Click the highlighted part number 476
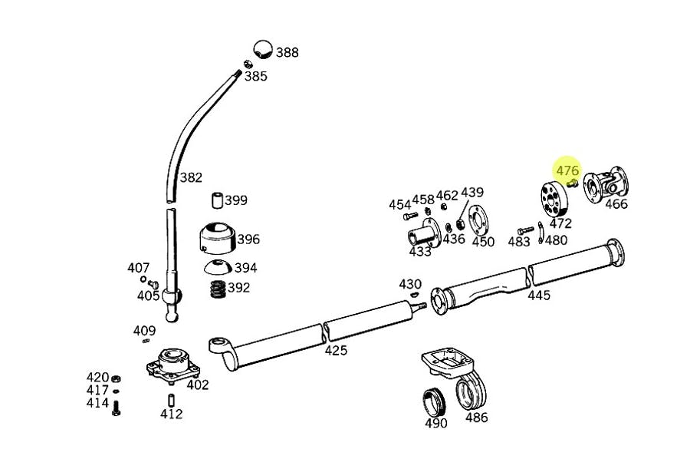point(567,170)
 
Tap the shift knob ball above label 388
point(264,48)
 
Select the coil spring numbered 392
point(218,289)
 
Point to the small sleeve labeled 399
point(219,201)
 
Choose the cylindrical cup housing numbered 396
point(218,239)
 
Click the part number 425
point(336,350)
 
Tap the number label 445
point(539,295)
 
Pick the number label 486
point(476,418)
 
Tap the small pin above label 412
point(171,399)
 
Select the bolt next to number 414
point(116,408)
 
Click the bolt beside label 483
point(524,229)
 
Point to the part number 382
point(191,177)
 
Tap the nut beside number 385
point(248,64)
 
